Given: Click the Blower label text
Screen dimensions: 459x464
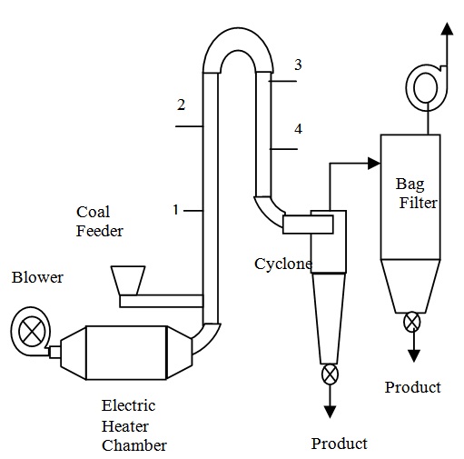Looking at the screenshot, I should click(37, 277).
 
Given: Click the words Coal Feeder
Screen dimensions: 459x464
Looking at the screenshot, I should click(100, 222).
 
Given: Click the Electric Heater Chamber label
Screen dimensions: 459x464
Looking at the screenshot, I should click(134, 425).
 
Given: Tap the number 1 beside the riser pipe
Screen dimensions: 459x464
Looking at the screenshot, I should click(175, 210).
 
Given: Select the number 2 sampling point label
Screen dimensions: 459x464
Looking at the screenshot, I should click(181, 105).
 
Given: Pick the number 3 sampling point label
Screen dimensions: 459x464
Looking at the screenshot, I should click(298, 65).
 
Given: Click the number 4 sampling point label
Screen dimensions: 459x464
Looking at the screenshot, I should click(298, 129).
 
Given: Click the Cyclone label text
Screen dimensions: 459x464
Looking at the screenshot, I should click(282, 264).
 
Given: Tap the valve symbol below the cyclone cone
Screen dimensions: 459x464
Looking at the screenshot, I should click(330, 374).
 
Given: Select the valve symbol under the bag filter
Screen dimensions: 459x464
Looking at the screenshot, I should click(413, 322).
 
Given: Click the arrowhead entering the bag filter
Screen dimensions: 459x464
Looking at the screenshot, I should click(372, 164).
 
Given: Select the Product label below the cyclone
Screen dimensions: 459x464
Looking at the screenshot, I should click(339, 444).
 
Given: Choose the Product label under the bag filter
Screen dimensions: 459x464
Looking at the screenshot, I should click(412, 387).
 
